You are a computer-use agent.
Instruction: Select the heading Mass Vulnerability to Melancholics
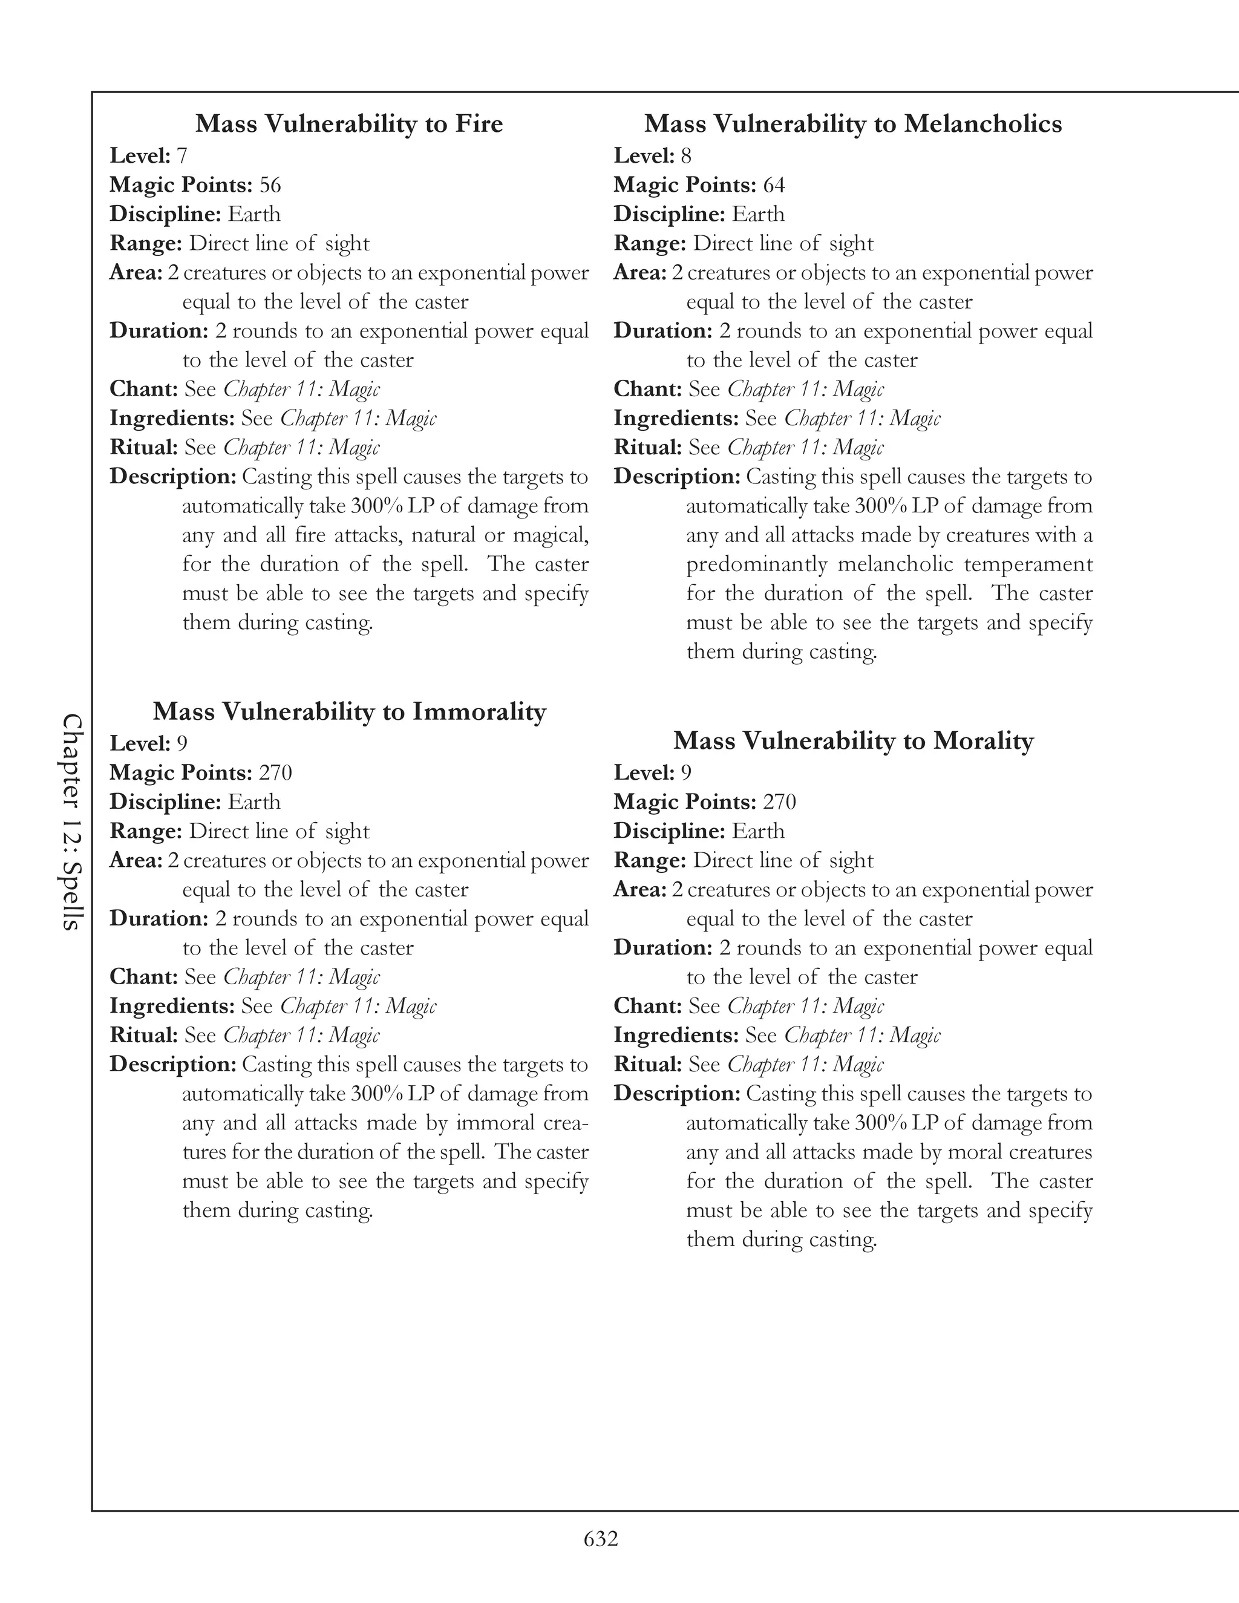[853, 123]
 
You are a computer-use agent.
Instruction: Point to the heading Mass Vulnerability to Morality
[853, 740]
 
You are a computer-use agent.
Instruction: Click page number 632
[601, 1538]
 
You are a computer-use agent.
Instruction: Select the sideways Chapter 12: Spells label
[71, 822]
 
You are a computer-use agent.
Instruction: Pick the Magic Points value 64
[774, 185]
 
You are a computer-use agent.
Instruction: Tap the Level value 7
[182, 155]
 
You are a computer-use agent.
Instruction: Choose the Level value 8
[685, 155]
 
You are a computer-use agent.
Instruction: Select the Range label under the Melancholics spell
[650, 243]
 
